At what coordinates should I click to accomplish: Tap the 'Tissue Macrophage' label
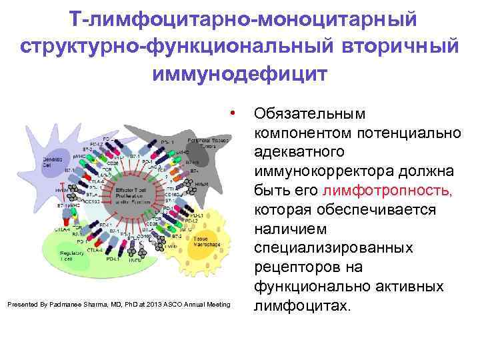pyautogui.click(x=205, y=242)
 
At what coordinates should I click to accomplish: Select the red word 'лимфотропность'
pyautogui.click(x=387, y=191)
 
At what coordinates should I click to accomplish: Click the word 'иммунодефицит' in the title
pyautogui.click(x=240, y=73)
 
